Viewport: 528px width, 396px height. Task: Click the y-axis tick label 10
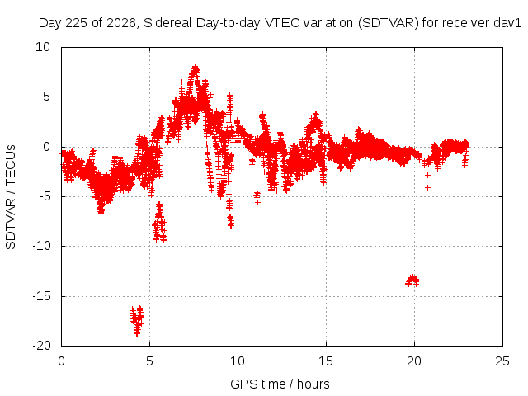43,47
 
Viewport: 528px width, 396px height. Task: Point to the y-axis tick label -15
41,296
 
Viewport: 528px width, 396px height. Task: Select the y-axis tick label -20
41,346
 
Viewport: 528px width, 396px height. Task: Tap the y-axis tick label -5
45,196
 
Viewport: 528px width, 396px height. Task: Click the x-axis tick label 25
502,361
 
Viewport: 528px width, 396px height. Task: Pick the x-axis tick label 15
326,361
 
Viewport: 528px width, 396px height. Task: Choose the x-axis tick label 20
414,361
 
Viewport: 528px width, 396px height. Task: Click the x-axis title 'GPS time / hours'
280,384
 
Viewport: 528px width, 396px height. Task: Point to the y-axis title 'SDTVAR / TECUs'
11,197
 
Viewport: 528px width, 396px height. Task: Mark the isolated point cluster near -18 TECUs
137,320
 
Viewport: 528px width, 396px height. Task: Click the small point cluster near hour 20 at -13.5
412,280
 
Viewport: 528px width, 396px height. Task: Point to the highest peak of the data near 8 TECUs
195,68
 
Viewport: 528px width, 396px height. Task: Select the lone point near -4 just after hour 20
427,187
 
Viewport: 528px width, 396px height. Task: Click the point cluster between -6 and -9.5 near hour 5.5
159,222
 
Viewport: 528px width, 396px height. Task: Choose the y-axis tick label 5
46,97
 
